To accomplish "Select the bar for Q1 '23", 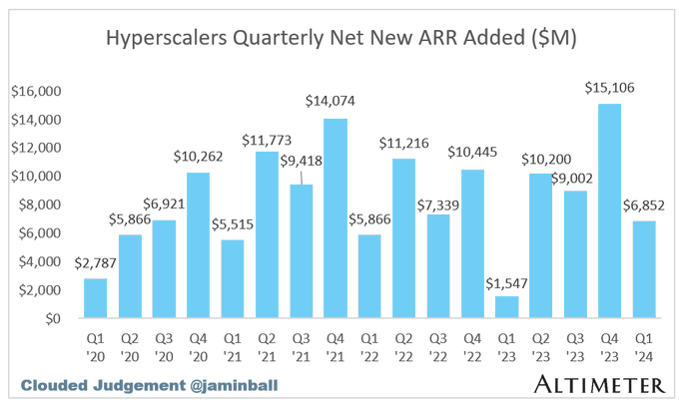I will click(506, 307).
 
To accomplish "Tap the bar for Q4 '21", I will click(336, 218).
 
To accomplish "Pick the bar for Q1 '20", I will click(95, 298).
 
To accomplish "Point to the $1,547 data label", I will click(506, 282).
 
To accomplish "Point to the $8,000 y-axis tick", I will click(40, 205).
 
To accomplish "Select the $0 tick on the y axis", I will click(51, 319).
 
